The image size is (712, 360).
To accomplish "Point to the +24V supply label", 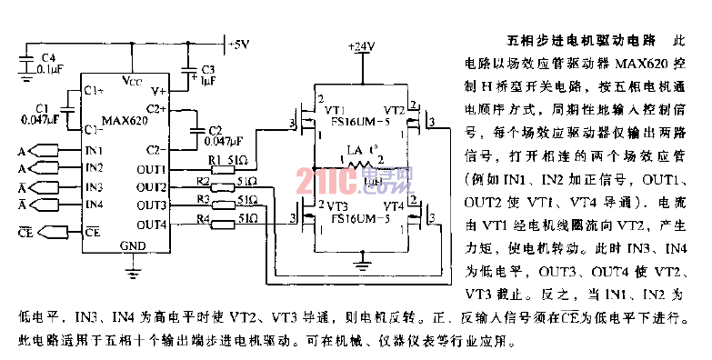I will (362, 45).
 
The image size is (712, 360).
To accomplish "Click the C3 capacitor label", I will (207, 69).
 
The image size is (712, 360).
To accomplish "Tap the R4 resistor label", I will (206, 218).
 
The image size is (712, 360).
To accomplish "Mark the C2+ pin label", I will (155, 109).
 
